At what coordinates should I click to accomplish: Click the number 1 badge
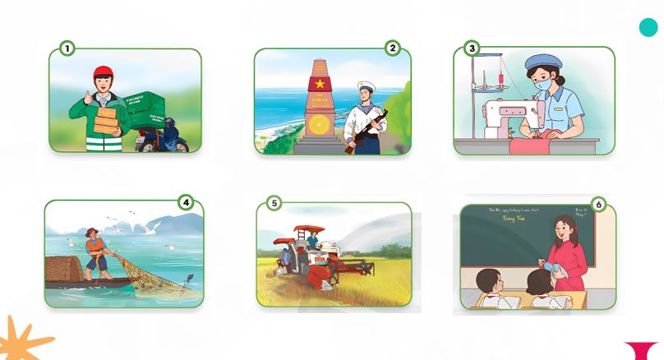pos(67,48)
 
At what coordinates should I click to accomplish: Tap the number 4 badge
pos(186,201)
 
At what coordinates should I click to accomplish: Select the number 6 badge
pos(598,205)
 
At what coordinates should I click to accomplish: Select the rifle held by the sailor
pos(366,132)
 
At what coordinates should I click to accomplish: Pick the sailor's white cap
pos(366,86)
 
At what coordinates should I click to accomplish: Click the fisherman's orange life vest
pos(96,247)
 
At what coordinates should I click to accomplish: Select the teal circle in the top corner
pos(648,27)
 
